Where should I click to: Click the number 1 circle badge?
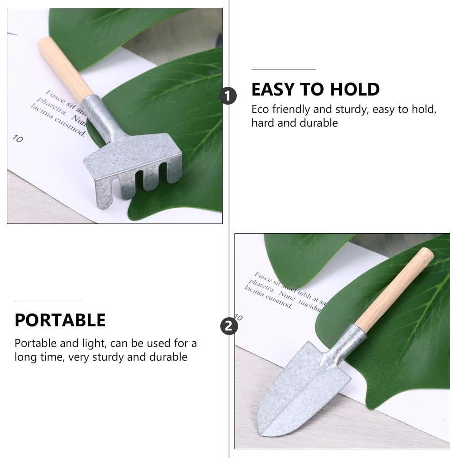pyautogui.click(x=228, y=96)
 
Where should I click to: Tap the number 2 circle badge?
pyautogui.click(x=229, y=326)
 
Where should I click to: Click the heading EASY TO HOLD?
pyautogui.click(x=315, y=90)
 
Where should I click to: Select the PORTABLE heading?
pyautogui.click(x=60, y=320)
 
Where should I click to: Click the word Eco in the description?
pyautogui.click(x=260, y=109)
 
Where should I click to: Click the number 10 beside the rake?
pyautogui.click(x=17, y=138)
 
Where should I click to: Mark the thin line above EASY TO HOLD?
pyautogui.click(x=283, y=69)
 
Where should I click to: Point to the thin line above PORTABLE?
pyautogui.click(x=48, y=300)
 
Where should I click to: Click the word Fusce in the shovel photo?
pyautogui.click(x=263, y=277)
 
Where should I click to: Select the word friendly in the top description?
pyautogui.click(x=291, y=109)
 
